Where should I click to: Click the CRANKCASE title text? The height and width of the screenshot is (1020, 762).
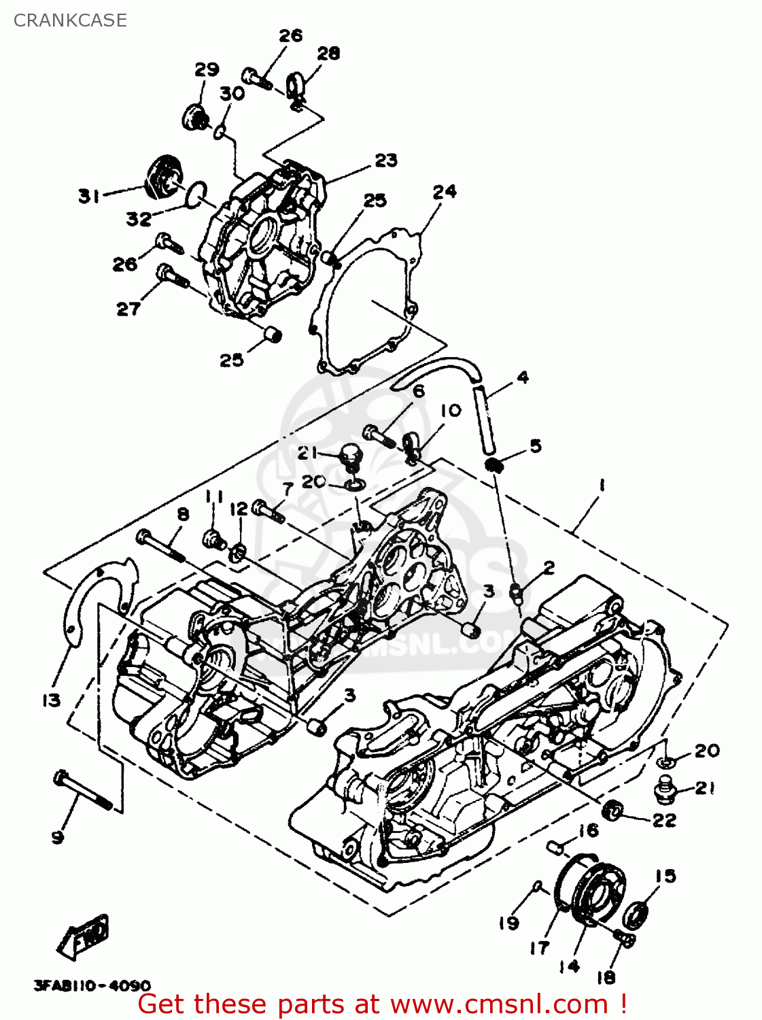tap(70, 20)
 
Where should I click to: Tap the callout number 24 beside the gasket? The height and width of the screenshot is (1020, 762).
tap(445, 192)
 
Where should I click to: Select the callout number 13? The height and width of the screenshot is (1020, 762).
tap(52, 700)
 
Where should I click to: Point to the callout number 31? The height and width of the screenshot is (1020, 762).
tap(89, 197)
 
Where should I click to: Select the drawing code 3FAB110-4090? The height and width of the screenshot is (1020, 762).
tap(92, 985)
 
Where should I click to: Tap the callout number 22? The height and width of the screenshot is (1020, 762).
tap(664, 820)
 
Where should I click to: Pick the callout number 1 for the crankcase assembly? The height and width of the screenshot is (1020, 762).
tap(602, 486)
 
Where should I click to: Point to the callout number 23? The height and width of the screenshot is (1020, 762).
tap(386, 160)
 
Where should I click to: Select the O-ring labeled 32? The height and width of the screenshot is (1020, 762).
tap(197, 192)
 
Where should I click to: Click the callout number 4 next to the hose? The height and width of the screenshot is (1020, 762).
tap(522, 377)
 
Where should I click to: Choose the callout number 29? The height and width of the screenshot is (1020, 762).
tap(207, 69)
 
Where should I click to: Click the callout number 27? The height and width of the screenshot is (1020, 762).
tap(128, 309)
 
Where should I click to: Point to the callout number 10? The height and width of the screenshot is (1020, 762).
tap(450, 410)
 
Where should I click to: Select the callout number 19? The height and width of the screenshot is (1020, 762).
tap(508, 923)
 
